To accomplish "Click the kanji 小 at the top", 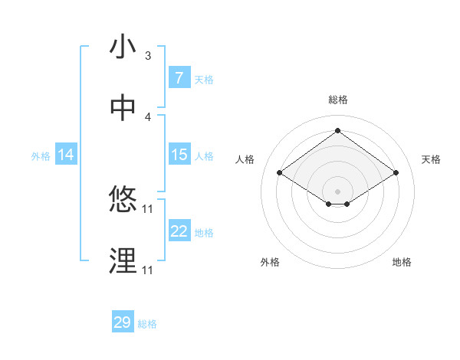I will click(x=123, y=47).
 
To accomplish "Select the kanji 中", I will click(x=123, y=108).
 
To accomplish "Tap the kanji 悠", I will click(x=123, y=201).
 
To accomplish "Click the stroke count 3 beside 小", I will click(x=148, y=56).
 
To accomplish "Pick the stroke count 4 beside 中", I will click(x=148, y=116).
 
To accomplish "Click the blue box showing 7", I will click(x=179, y=78).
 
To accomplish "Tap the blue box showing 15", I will click(x=179, y=155).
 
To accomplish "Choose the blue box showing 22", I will click(x=179, y=231).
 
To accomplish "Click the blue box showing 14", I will click(x=65, y=155).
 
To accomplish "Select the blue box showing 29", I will click(x=123, y=322).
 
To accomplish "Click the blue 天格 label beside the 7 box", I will click(x=204, y=79).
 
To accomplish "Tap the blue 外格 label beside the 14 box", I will click(x=41, y=155).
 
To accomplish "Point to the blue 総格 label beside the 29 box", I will click(x=147, y=323).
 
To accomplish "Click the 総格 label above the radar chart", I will click(x=337, y=100).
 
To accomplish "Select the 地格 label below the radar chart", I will click(x=402, y=262).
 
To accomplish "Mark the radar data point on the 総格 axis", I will click(x=337, y=130).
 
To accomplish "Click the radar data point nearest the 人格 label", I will click(x=279, y=173).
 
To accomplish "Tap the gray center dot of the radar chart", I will click(x=337, y=191).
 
